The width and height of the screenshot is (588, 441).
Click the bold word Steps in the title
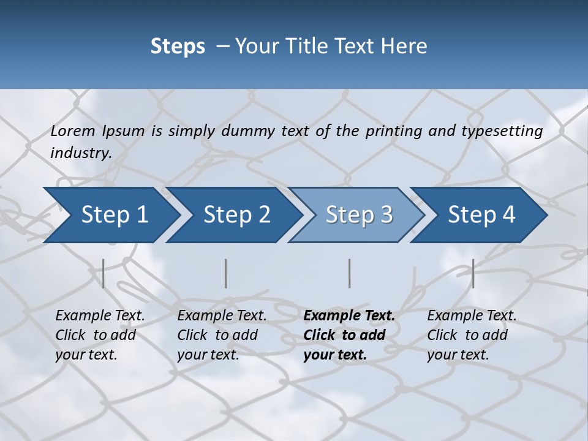pyautogui.click(x=178, y=46)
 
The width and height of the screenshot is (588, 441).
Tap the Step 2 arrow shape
pyautogui.click(x=236, y=215)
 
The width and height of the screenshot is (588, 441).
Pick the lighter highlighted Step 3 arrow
pyautogui.click(x=359, y=215)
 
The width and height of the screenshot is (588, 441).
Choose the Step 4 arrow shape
pyautogui.click(x=481, y=215)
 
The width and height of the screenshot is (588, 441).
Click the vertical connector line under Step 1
pyautogui.click(x=104, y=273)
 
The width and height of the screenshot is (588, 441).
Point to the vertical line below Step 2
pyautogui.click(x=226, y=273)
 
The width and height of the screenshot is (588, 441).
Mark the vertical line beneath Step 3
pyautogui.click(x=350, y=273)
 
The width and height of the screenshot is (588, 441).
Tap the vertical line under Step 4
pyautogui.click(x=473, y=273)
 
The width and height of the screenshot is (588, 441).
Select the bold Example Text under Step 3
pyautogui.click(x=349, y=335)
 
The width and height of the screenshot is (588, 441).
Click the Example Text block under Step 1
pyautogui.click(x=100, y=335)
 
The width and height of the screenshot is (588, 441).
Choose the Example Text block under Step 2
pyautogui.click(x=222, y=335)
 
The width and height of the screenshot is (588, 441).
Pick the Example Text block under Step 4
pyautogui.click(x=472, y=335)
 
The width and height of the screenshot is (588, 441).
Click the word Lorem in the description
pyautogui.click(x=73, y=131)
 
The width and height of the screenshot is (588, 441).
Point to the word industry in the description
pyautogui.click(x=81, y=153)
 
